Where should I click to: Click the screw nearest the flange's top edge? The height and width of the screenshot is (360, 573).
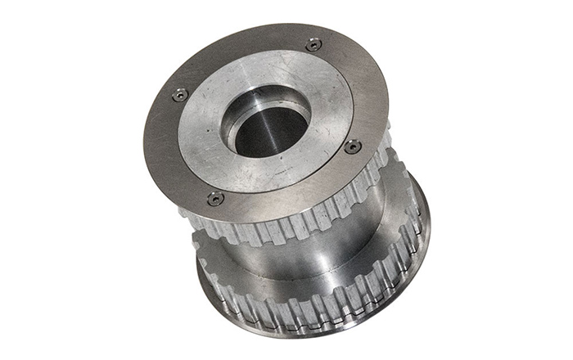point(314,44)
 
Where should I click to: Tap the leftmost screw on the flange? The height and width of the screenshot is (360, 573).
point(179,95)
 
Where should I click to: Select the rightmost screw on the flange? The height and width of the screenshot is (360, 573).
point(353,147)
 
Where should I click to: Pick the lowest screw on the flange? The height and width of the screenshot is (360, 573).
point(214,198)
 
